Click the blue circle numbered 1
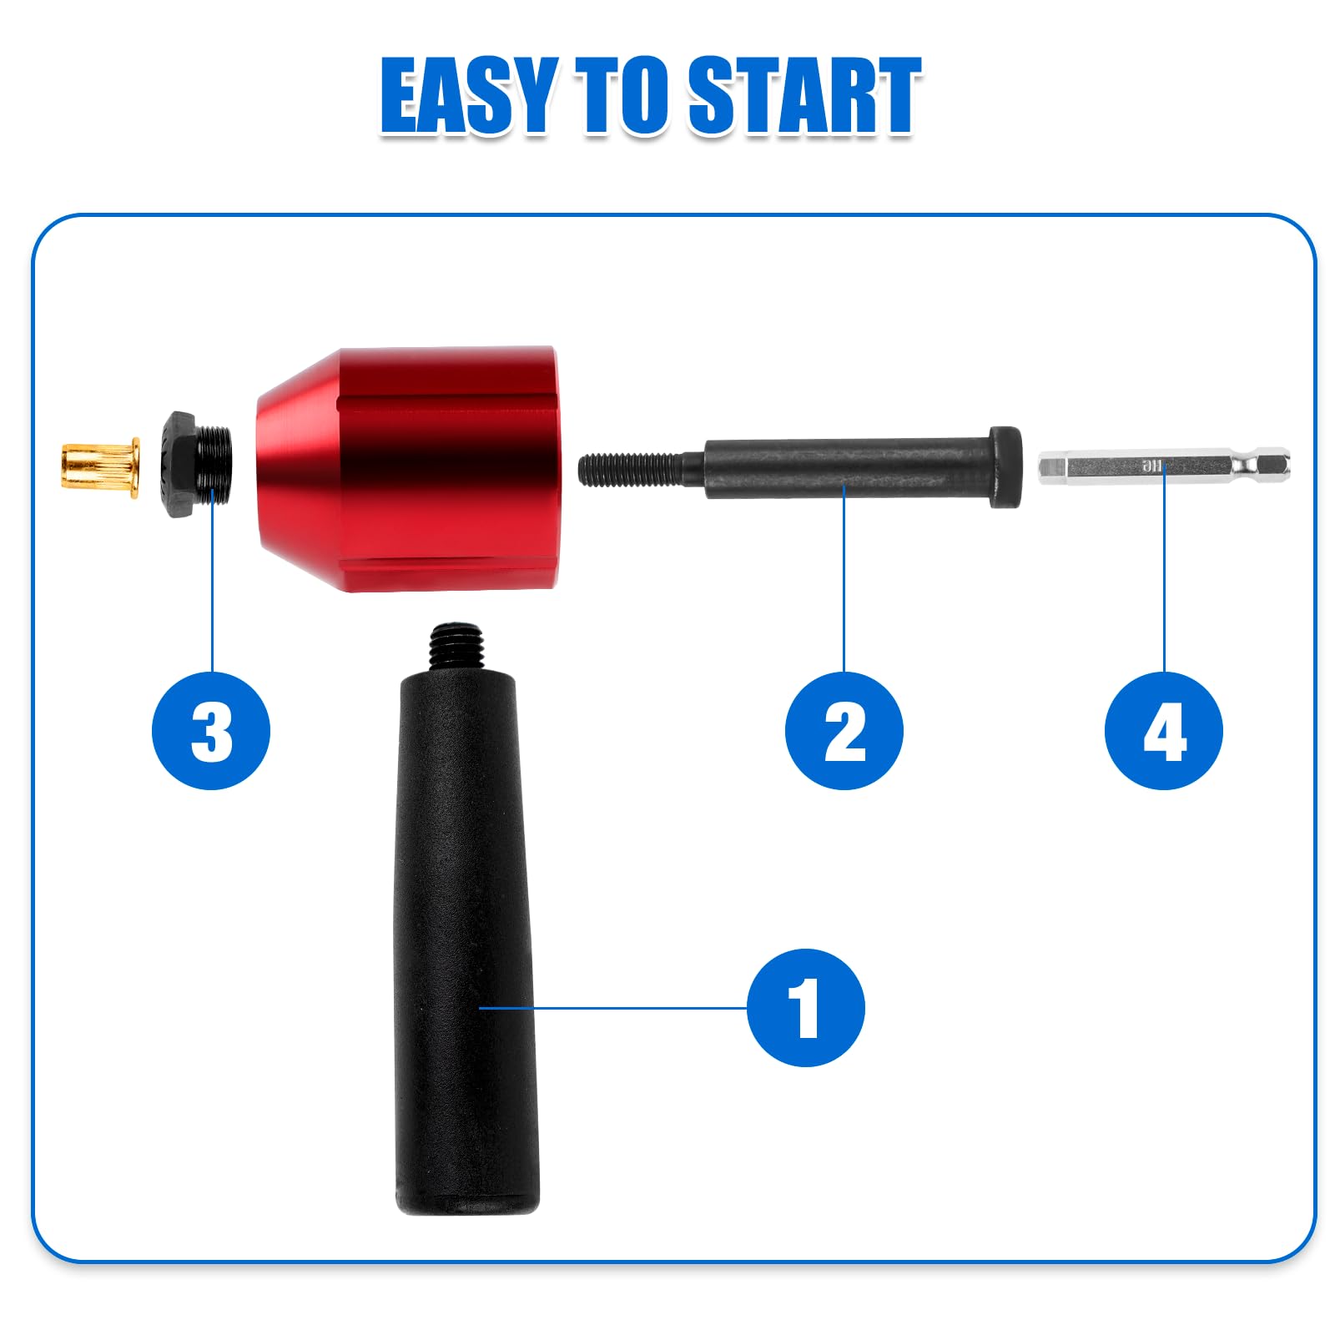coord(805,1007)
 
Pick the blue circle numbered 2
coord(844,731)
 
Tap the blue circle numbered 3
coord(211,731)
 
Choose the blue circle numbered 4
coord(1164,731)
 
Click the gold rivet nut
coord(99,466)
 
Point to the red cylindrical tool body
coord(406,469)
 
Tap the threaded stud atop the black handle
coord(456,647)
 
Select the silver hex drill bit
coord(1164,466)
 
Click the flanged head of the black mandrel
coord(1006,467)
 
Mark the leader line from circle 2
coord(844,577)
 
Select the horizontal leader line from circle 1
coord(613,1008)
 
